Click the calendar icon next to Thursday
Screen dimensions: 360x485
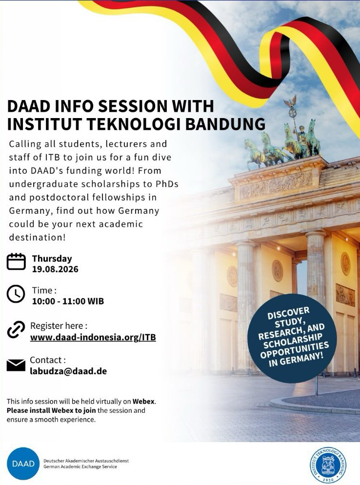pos(16,262)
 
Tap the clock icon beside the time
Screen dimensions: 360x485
pos(16,294)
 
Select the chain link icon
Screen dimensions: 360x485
pos(16,330)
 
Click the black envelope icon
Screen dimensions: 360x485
pos(16,365)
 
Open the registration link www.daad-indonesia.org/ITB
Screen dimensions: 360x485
pos(93,337)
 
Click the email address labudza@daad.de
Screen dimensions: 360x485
pos(68,371)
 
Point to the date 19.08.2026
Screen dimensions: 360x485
pos(55,269)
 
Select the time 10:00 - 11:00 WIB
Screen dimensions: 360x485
pos(68,301)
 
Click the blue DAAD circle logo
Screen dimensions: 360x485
pos(23,464)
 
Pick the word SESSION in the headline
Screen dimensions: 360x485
pos(132,106)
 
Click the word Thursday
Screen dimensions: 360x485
pos(52,259)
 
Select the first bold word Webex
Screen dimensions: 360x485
pos(143,402)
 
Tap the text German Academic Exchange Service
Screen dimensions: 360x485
pos(80,467)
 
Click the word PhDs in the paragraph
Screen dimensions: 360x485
pos(167,184)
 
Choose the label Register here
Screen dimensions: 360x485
pos(59,326)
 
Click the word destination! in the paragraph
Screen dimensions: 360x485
pos(38,237)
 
